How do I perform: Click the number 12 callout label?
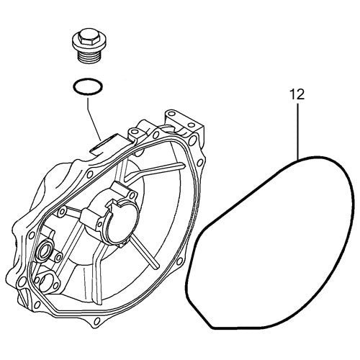(x=297, y=94)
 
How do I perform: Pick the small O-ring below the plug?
(x=86, y=88)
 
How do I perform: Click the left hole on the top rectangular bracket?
(x=173, y=117)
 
